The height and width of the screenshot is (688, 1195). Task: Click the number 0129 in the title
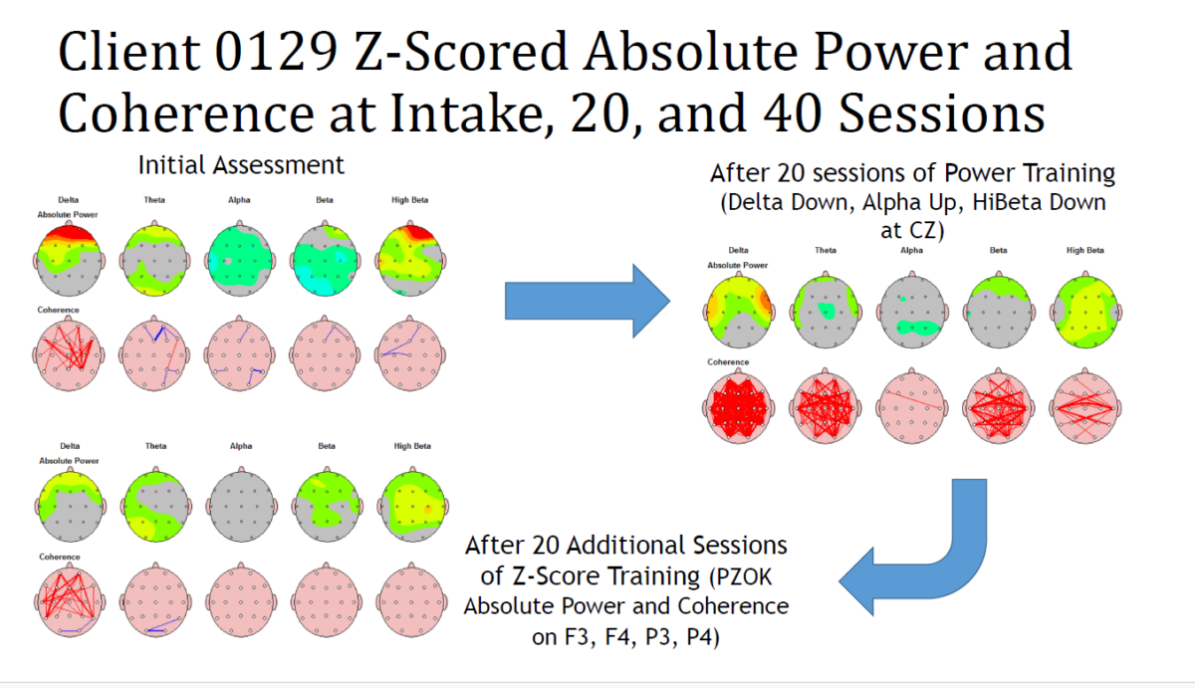point(277,52)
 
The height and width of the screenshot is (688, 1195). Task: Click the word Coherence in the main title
point(185,114)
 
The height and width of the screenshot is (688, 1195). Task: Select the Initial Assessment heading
point(241,165)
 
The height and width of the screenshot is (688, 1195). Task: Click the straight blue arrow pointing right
point(588,301)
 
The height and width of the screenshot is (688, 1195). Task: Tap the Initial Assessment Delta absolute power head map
point(69,260)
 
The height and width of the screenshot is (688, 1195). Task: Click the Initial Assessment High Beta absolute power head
point(410,258)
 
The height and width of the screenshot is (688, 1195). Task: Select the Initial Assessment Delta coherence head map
point(69,353)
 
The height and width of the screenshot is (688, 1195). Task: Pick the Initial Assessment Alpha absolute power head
point(240,258)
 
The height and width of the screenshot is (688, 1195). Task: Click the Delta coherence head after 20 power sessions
point(739,406)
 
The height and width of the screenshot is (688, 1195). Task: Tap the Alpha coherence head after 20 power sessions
point(912,406)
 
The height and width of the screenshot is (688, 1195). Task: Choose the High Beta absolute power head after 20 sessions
point(1085,311)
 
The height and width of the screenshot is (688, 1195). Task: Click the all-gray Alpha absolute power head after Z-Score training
point(241,505)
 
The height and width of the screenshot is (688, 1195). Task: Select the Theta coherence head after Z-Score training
point(155,600)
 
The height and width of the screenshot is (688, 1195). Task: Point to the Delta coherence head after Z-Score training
point(70,600)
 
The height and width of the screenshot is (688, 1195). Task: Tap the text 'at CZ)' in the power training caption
point(912,231)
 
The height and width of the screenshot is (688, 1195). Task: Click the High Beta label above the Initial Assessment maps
point(409,200)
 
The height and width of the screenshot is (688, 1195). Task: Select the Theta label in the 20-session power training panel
point(826,250)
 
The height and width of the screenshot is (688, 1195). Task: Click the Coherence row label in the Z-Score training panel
point(59,557)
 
